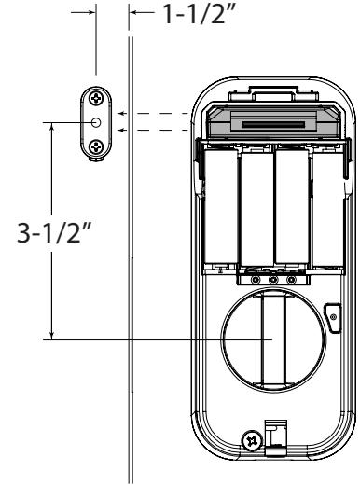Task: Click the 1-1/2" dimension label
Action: tap(197, 15)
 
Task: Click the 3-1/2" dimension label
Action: tap(53, 232)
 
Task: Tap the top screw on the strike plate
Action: tap(96, 99)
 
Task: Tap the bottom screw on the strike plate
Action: tap(96, 146)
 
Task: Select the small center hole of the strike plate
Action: tap(96, 122)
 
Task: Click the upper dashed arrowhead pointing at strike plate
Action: tap(122, 113)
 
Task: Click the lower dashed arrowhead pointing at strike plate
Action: tap(122, 130)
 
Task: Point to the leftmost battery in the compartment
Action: tap(220, 206)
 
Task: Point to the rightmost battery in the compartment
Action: tap(327, 208)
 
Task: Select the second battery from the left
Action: tap(256, 209)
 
